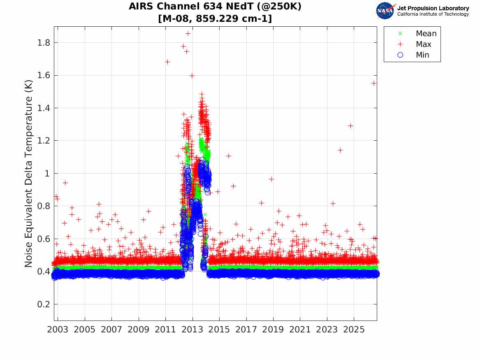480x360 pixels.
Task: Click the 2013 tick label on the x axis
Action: coord(192,330)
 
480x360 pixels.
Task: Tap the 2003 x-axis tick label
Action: coord(58,330)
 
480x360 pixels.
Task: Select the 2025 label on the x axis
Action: coord(354,330)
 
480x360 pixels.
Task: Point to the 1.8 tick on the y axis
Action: coord(44,42)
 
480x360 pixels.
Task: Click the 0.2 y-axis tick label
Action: coord(44,304)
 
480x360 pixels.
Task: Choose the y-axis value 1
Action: coord(47,174)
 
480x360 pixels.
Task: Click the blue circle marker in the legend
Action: coord(400,55)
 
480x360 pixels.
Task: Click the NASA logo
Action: coord(385,11)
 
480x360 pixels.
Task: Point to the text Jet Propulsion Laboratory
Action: coord(433,8)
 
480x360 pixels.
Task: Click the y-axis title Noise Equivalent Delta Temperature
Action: coord(28,174)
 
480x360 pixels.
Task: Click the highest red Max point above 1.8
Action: coord(188,33)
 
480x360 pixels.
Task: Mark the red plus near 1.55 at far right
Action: coord(373,83)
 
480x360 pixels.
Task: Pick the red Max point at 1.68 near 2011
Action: coord(167,62)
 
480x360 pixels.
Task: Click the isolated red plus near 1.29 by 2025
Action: coord(350,126)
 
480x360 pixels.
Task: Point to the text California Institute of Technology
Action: coord(433,14)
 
